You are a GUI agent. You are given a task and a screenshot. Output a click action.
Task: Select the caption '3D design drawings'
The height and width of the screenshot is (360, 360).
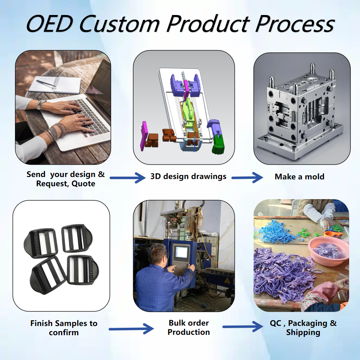188,176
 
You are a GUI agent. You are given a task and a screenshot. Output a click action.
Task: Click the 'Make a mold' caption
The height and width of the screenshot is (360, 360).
299,177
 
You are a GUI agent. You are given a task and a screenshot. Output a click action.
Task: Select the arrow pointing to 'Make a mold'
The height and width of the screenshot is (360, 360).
247,177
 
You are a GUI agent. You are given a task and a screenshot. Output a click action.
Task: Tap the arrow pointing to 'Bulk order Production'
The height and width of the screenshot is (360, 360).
131,329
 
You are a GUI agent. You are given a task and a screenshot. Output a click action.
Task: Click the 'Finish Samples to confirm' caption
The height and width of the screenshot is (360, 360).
64,328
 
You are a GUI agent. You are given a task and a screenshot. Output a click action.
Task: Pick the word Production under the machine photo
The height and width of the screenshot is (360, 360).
189,332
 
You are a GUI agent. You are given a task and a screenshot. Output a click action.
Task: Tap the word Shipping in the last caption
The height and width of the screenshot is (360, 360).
303,332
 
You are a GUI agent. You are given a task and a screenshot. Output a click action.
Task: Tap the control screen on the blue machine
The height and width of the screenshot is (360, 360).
181,252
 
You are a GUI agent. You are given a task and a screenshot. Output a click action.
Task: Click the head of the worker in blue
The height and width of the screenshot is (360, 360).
157,255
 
